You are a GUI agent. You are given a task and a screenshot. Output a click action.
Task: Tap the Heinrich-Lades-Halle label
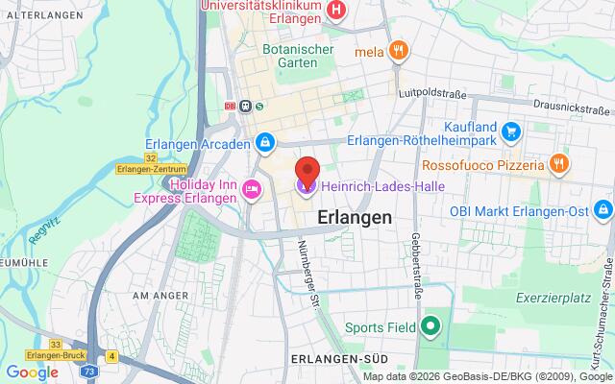coord(382,185)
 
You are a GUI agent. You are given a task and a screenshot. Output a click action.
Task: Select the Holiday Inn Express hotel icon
coord(252,189)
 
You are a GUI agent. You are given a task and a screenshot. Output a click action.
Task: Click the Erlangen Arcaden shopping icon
coord(262,143)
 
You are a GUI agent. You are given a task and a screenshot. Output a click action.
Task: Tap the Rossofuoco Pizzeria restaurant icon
coord(557,163)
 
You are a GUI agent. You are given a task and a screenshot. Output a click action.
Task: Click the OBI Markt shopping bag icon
coord(603,184)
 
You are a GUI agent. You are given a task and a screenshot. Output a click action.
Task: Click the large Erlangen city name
coord(354,217)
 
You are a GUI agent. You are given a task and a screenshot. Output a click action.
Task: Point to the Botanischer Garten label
coord(299,56)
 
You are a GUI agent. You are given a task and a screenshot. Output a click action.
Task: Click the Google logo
coord(32,372)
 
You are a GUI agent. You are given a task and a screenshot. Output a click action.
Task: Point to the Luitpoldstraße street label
coord(436,94)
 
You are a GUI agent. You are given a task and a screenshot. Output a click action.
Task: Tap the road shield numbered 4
coord(112,355)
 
